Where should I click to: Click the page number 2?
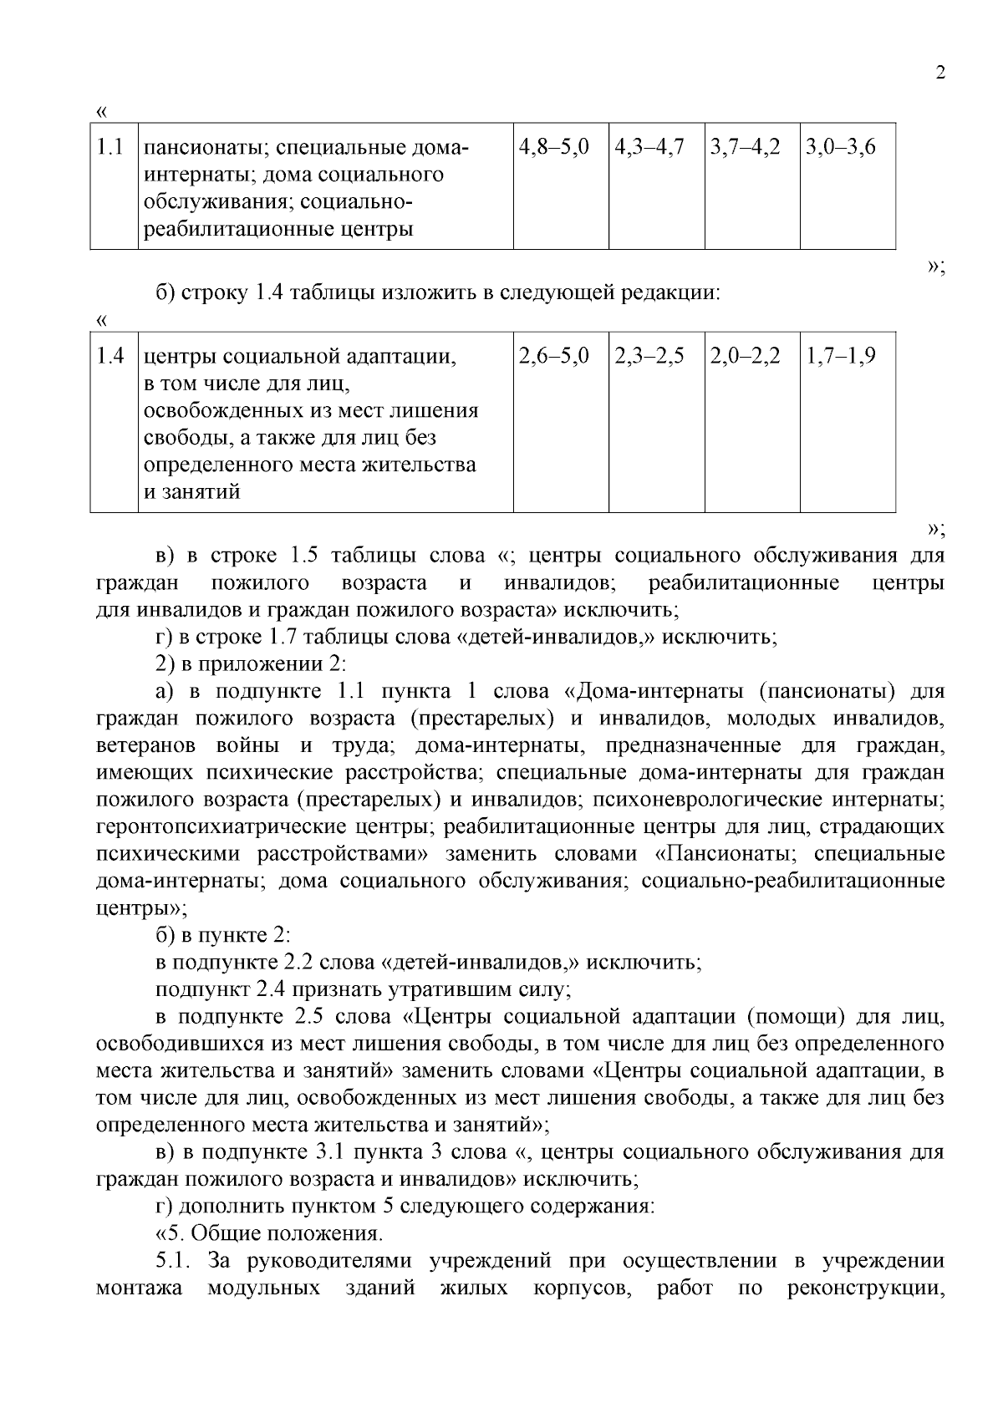tap(940, 73)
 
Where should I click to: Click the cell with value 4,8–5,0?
tap(554, 148)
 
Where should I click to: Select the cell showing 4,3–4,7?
tap(649, 148)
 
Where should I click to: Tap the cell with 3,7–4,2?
tap(746, 148)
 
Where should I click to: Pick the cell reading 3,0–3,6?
tap(840, 148)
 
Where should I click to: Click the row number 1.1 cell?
tap(110, 148)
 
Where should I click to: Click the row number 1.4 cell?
tap(110, 357)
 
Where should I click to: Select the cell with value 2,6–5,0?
tap(554, 357)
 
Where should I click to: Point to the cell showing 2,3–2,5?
tap(649, 357)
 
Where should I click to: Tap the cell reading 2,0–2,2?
tap(746, 357)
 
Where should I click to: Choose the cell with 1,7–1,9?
tap(840, 357)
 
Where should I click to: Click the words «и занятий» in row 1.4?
tap(192, 492)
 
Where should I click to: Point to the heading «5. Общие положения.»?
tap(269, 1233)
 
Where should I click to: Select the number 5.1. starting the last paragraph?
tap(174, 1261)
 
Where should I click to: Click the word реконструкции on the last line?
tap(865, 1288)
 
